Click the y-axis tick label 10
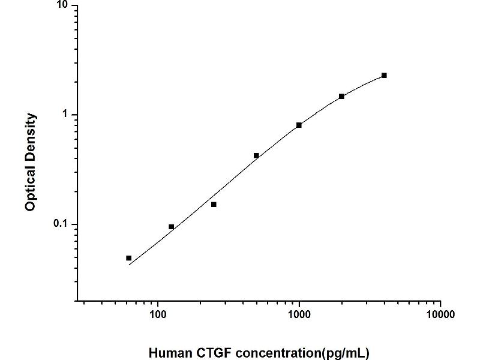61,5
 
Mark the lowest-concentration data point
129,258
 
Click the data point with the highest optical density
384,76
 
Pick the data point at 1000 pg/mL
299,125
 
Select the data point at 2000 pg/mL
341,96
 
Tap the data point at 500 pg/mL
256,155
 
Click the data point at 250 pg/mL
214,205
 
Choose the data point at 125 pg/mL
172,227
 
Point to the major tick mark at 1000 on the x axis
299,304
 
